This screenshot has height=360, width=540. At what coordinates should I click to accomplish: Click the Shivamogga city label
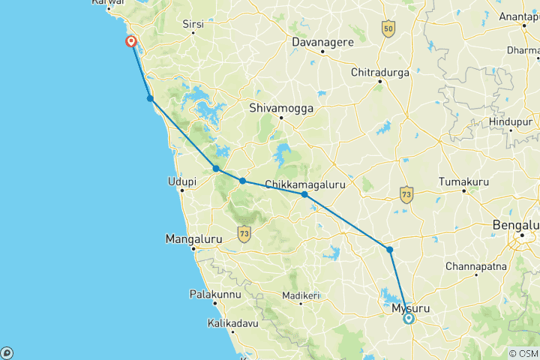click(281, 107)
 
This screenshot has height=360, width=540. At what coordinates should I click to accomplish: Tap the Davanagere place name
click(322, 42)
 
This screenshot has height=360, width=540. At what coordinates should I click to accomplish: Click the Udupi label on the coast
click(181, 181)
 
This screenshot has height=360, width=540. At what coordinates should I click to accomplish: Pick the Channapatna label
click(475, 266)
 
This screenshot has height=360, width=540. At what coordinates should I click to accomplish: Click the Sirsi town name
click(193, 25)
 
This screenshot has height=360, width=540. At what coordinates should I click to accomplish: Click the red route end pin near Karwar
click(131, 41)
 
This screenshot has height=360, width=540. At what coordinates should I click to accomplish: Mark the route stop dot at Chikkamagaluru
click(304, 194)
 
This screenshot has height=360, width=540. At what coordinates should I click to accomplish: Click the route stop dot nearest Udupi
click(216, 169)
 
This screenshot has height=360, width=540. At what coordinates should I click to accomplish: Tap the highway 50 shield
click(387, 29)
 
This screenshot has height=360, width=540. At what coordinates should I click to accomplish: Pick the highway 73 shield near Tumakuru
click(406, 193)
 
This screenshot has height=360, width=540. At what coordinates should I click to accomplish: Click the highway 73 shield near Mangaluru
click(244, 234)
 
